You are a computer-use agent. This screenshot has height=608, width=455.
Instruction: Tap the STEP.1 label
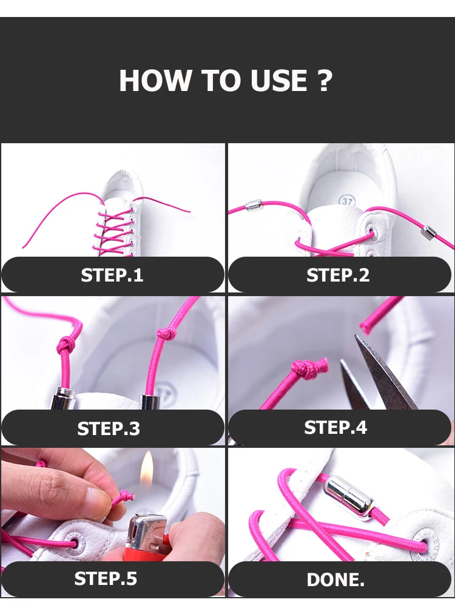pos(112,275)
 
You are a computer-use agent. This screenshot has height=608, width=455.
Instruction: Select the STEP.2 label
pos(338,275)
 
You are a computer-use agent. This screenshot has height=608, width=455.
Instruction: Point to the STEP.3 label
pos(109,428)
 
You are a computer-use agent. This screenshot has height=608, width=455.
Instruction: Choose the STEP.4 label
pos(335,427)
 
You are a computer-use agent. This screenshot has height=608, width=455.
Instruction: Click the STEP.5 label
pos(106,578)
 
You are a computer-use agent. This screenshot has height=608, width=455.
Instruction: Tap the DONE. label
pos(335,580)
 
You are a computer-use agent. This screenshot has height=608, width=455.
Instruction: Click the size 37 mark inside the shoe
pos(347,201)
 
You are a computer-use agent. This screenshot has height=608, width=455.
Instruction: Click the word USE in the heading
pos(278,81)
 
